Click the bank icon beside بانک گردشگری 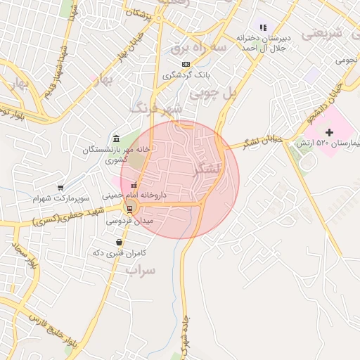coord(186,65)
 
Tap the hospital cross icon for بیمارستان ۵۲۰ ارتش coord(329,132)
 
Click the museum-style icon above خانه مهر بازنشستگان coord(116,139)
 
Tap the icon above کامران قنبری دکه coord(118,243)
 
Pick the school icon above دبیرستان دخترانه coord(263,27)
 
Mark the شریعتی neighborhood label coord(330,33)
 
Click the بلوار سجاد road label coord(23,257)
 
